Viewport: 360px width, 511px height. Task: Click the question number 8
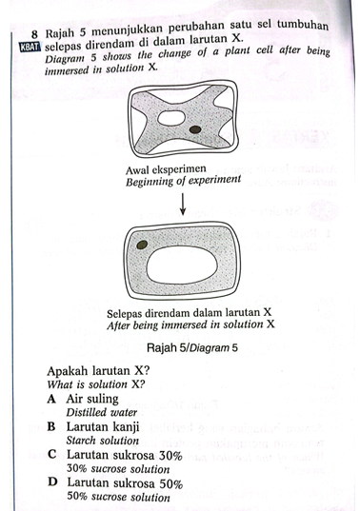coord(35,34)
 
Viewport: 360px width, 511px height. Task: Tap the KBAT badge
coord(30,48)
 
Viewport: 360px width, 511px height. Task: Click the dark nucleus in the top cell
coord(195,129)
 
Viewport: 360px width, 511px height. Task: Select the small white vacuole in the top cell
coord(171,118)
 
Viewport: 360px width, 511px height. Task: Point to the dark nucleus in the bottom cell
coord(142,245)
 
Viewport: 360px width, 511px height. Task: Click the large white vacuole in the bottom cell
coord(182,265)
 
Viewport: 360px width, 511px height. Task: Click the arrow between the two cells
coord(183,204)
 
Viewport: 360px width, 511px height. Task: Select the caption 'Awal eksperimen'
coord(166,169)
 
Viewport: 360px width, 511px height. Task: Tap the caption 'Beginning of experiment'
coord(183,181)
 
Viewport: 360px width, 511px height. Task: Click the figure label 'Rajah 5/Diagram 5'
coord(192,347)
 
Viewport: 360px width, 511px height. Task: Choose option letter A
coord(51,399)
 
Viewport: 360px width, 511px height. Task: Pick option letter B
coord(51,426)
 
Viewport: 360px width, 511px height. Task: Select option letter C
coord(51,454)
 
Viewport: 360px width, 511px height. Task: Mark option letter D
coord(52,482)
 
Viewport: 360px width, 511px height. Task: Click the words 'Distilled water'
coord(102,413)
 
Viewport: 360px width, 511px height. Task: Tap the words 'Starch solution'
coord(103,441)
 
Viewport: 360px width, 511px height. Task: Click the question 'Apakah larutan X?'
coord(98,371)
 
